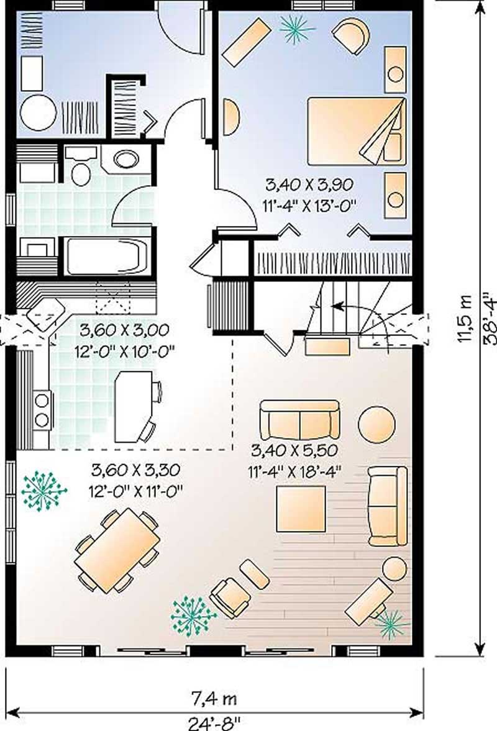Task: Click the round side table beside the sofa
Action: (x=376, y=425)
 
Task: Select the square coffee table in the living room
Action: (x=301, y=509)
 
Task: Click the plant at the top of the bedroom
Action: (x=296, y=27)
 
